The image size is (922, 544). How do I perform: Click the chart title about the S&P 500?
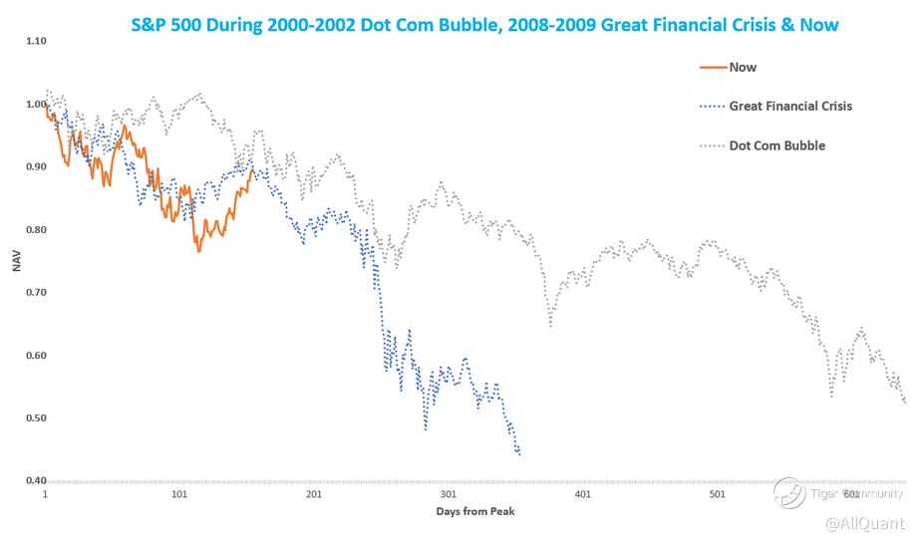tap(485, 22)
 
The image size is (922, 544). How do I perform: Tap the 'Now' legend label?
tap(743, 68)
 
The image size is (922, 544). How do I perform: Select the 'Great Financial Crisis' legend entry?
tap(790, 106)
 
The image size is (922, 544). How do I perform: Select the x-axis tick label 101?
tap(179, 494)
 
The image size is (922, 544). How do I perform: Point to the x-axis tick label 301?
tap(448, 494)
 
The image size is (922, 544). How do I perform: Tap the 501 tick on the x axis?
tap(716, 494)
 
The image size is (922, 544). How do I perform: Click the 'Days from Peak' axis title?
tap(475, 512)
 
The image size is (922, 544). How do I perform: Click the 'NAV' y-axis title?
tap(15, 261)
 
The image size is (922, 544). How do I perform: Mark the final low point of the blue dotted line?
tap(519, 454)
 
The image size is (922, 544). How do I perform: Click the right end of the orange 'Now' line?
tap(251, 167)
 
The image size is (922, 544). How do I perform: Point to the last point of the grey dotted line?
tap(904, 402)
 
